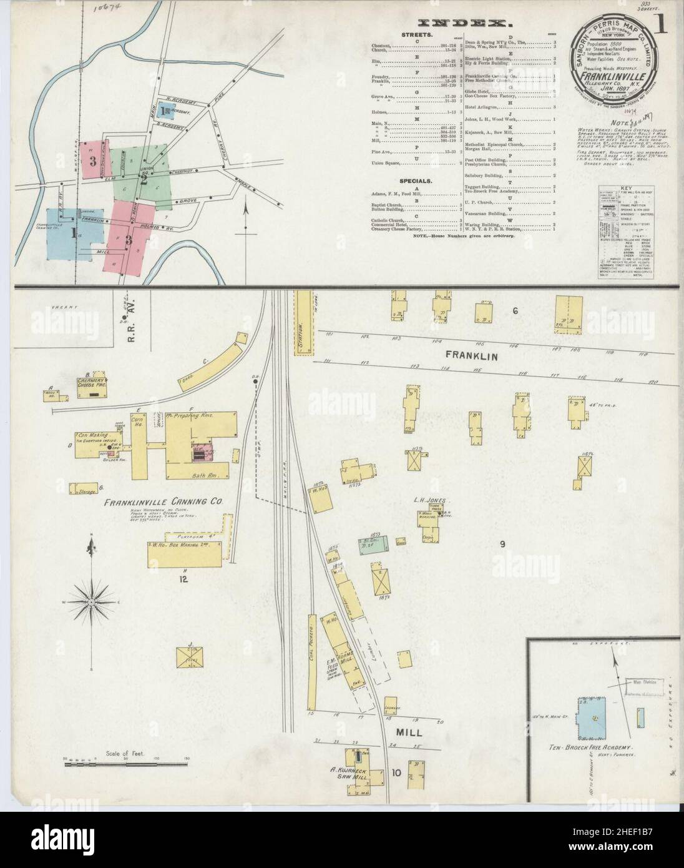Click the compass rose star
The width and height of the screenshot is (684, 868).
pos(92,601)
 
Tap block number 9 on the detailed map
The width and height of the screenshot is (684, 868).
pos(501,544)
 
